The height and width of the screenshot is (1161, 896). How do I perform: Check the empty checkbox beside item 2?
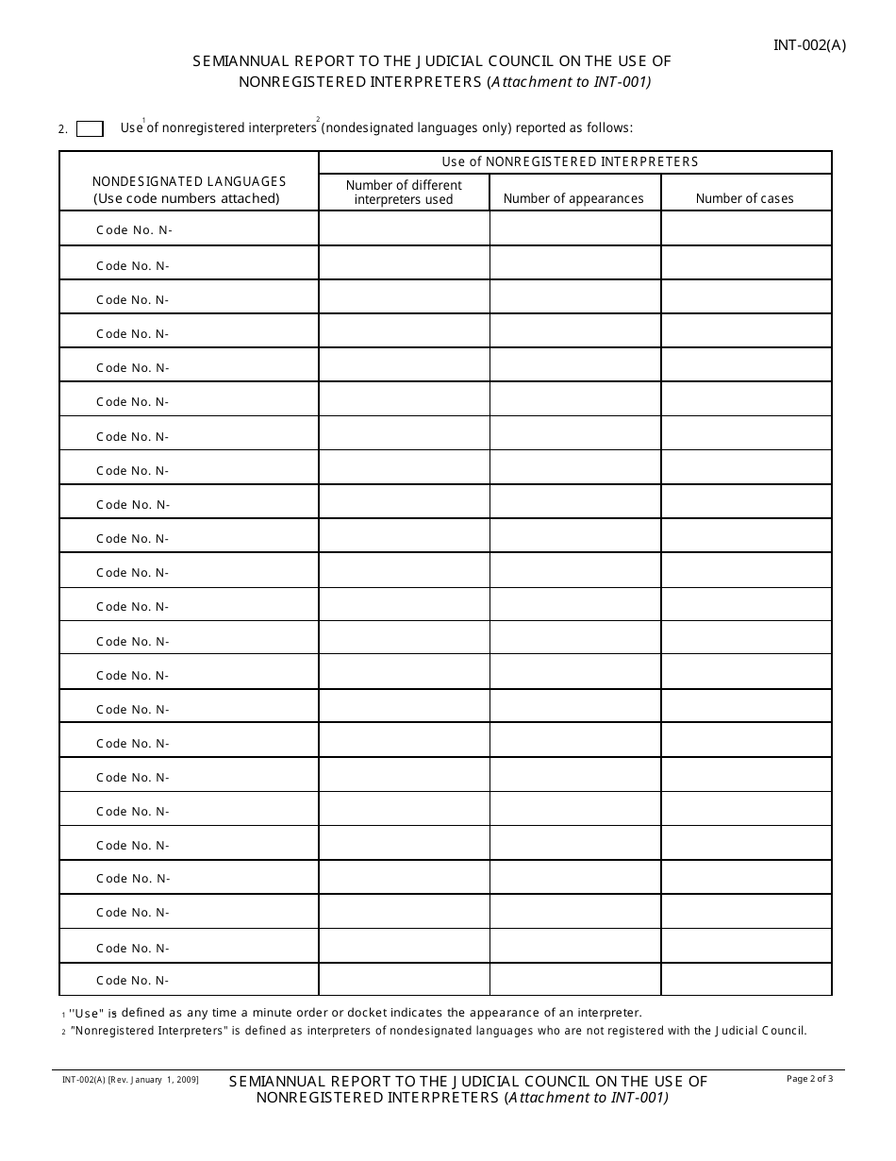coord(90,129)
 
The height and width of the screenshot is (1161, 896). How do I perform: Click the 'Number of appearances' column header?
coord(573,198)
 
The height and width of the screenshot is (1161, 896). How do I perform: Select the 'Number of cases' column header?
coord(745,198)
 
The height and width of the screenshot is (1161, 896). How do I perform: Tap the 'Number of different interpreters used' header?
coord(404,193)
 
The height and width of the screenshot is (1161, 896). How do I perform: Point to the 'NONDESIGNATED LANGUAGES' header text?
coord(189,181)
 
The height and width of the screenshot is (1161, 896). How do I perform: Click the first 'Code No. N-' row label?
coord(134,231)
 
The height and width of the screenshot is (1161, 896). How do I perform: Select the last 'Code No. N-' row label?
coord(132,981)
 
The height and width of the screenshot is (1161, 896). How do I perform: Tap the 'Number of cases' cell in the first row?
coord(746,228)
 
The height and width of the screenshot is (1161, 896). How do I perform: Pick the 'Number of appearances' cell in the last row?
coord(575,979)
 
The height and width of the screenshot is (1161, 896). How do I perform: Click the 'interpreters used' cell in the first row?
coord(404,228)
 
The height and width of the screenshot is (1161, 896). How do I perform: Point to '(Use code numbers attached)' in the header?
coord(187,198)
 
